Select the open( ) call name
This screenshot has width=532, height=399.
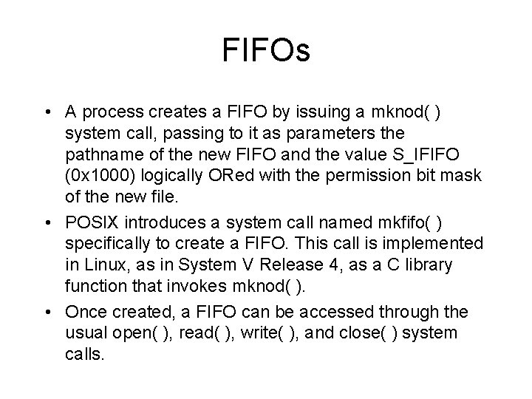pyautogui.click(x=134, y=332)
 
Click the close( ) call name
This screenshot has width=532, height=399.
pyautogui.click(x=366, y=332)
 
